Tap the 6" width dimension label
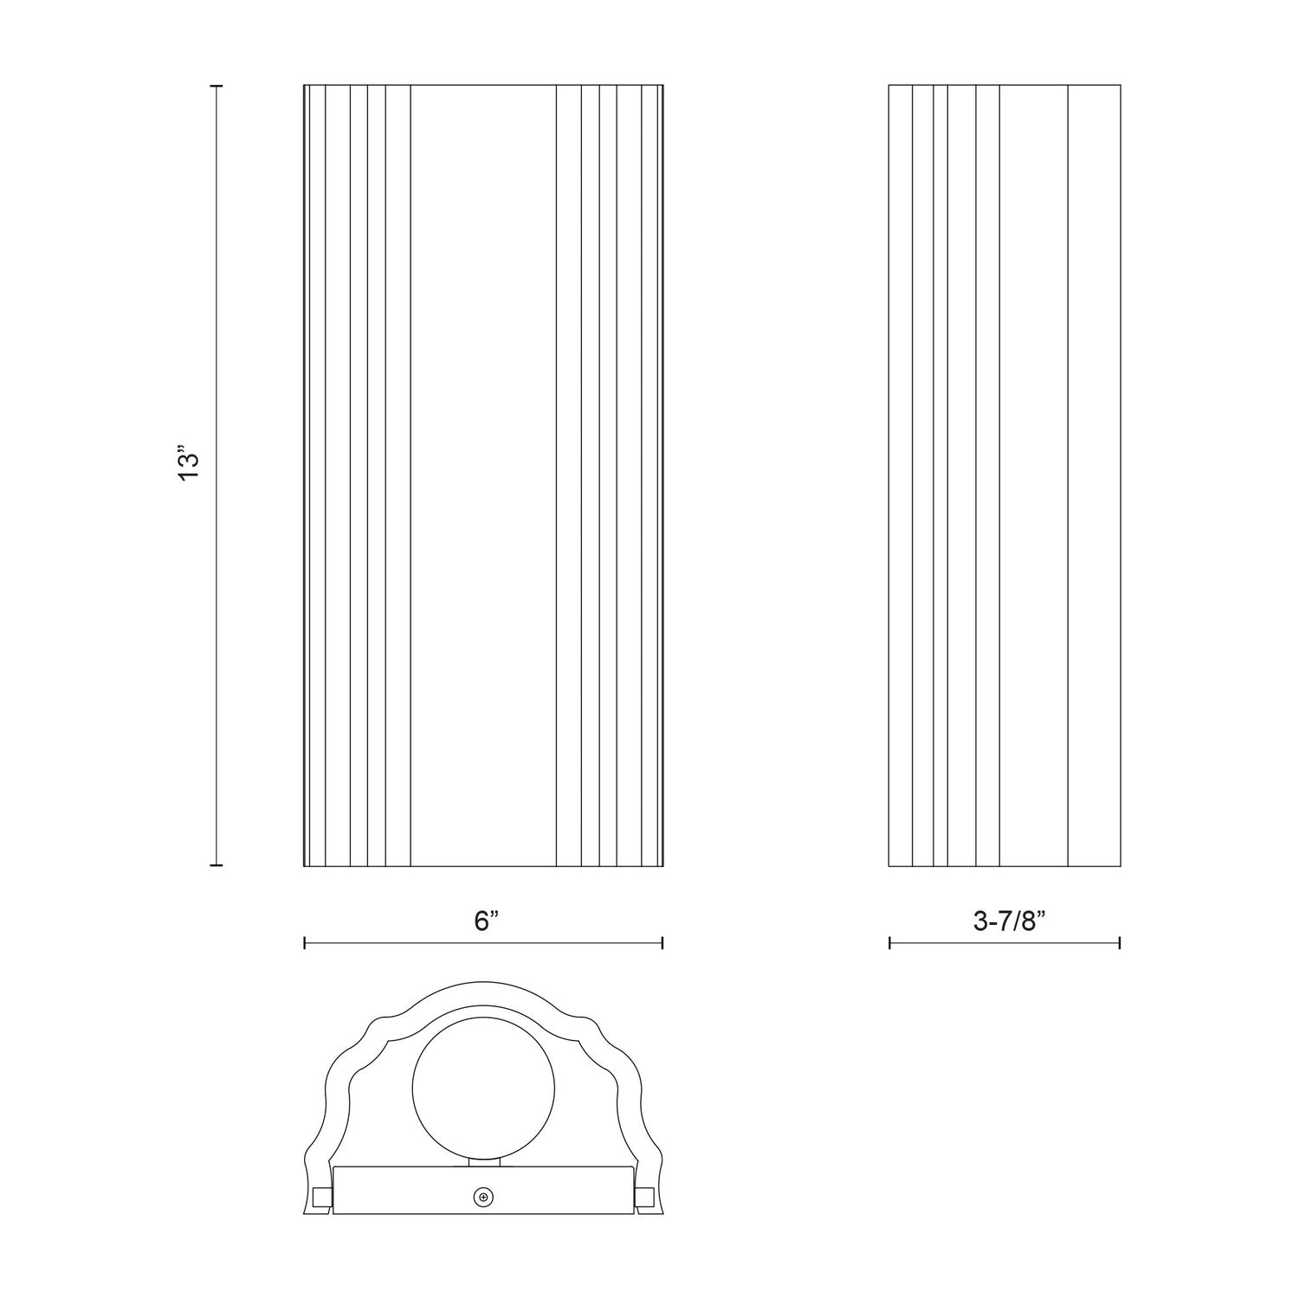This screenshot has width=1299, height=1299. [x=488, y=921]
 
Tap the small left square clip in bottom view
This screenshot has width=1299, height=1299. [x=323, y=1196]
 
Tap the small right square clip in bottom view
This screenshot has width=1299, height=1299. [x=643, y=1196]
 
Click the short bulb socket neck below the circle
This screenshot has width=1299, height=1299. [x=484, y=1161]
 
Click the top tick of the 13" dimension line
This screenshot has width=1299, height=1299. [x=216, y=87]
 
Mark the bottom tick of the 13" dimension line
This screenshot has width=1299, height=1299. [x=216, y=864]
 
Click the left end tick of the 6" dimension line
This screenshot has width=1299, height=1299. [x=305, y=943]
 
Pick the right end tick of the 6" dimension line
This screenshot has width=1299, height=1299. [x=662, y=943]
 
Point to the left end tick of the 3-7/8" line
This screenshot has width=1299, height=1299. [x=890, y=943]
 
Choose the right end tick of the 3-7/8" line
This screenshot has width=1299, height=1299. [x=1120, y=943]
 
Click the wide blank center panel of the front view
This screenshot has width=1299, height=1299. [x=482, y=476]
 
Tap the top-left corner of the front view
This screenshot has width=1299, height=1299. [x=304, y=86]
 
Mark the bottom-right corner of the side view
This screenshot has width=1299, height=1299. [x=1120, y=865]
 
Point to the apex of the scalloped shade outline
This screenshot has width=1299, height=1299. [x=483, y=984]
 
